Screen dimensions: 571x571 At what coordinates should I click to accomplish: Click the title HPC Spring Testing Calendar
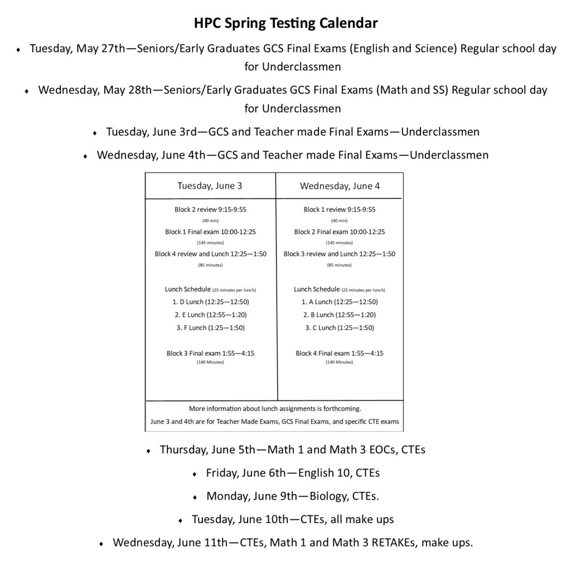285,23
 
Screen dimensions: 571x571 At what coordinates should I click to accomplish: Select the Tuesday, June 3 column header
210,186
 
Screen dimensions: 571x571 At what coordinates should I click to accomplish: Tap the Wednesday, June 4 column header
340,186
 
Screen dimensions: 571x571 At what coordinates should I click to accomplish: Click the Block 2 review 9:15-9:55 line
210,210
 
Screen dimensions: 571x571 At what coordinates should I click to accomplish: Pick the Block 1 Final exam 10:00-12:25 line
210,231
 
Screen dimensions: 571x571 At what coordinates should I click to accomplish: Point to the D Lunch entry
210,302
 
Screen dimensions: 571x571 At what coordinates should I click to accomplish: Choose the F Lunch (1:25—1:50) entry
210,327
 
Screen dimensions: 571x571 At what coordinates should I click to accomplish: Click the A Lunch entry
340,302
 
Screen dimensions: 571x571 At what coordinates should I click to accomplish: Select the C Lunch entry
340,327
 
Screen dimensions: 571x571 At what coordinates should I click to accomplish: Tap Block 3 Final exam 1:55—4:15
210,353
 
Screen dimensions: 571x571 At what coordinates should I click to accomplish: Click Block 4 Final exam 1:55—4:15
340,353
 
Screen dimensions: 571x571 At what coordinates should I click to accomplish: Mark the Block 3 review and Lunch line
340,254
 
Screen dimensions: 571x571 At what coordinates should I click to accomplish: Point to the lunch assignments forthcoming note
275,408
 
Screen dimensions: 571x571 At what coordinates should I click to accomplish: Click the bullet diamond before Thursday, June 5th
149,450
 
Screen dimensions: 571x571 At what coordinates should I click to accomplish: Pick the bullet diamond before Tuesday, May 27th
19,50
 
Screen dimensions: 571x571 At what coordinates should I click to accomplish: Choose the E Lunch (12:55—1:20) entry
210,314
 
